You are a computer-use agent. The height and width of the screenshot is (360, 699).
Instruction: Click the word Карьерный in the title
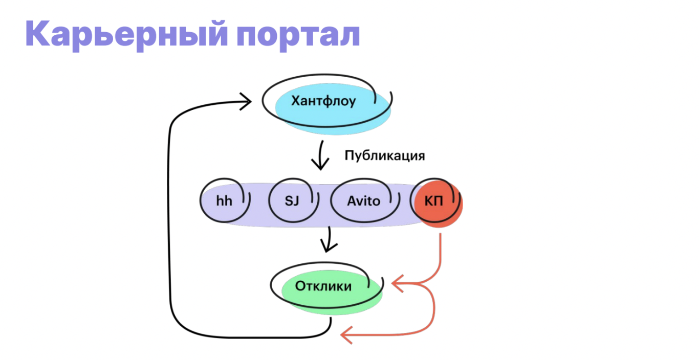pos(126,35)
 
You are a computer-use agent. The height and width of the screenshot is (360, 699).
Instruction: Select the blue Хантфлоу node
pos(333,109)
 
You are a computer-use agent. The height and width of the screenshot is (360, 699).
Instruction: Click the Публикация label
pos(384,155)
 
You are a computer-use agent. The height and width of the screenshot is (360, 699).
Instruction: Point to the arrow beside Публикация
pos(320,155)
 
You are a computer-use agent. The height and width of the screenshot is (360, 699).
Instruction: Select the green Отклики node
pos(332,292)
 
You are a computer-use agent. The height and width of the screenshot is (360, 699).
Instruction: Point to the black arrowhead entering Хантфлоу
pos(246,101)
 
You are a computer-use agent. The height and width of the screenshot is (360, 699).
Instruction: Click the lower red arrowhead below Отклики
pos(346,335)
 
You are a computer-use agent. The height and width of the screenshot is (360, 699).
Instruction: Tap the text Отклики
pos(323,286)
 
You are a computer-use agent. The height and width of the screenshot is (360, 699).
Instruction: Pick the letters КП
pos(434,201)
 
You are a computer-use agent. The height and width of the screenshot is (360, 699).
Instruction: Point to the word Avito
pos(364,201)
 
